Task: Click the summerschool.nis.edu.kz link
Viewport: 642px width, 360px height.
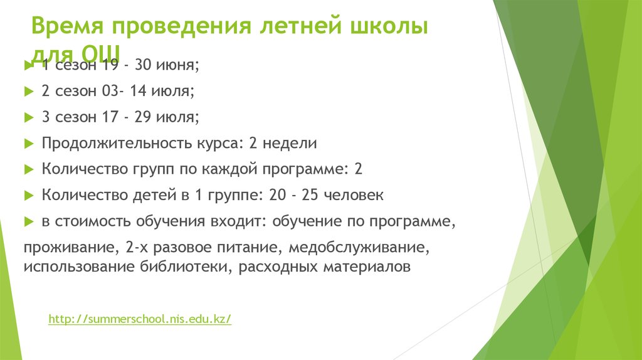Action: tap(140, 319)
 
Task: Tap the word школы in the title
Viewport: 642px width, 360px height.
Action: tap(387, 29)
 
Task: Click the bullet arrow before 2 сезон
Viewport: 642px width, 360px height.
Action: tap(28, 91)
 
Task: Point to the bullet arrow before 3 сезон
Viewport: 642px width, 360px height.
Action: tap(28, 117)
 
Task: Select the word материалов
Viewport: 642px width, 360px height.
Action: tap(367, 267)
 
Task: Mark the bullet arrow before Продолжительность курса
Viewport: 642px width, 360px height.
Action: tap(28, 143)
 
